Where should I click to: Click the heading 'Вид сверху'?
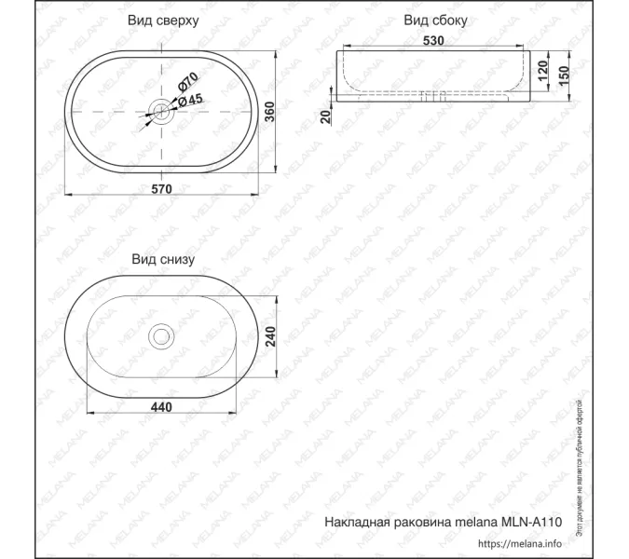[x=164, y=20]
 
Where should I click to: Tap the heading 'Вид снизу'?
[x=163, y=259]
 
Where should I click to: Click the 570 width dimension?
[x=163, y=189]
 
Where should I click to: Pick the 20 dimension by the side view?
[x=325, y=116]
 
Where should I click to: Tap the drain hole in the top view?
[x=164, y=112]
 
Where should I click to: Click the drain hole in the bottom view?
[x=162, y=334]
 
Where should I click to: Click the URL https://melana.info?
[x=521, y=543]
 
